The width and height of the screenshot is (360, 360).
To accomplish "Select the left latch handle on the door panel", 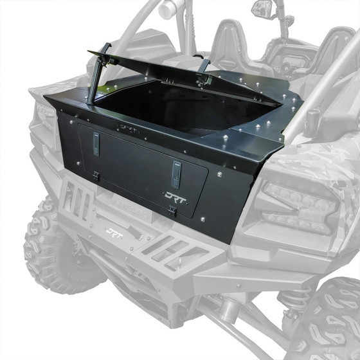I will coord(96,145).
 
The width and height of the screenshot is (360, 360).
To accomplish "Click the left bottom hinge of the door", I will coord(95,175).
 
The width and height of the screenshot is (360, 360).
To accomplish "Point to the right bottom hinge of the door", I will coord(172,210).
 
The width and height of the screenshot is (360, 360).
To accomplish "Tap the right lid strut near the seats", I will coord(204,67).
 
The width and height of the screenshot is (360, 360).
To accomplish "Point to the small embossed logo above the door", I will coord(129,129).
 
